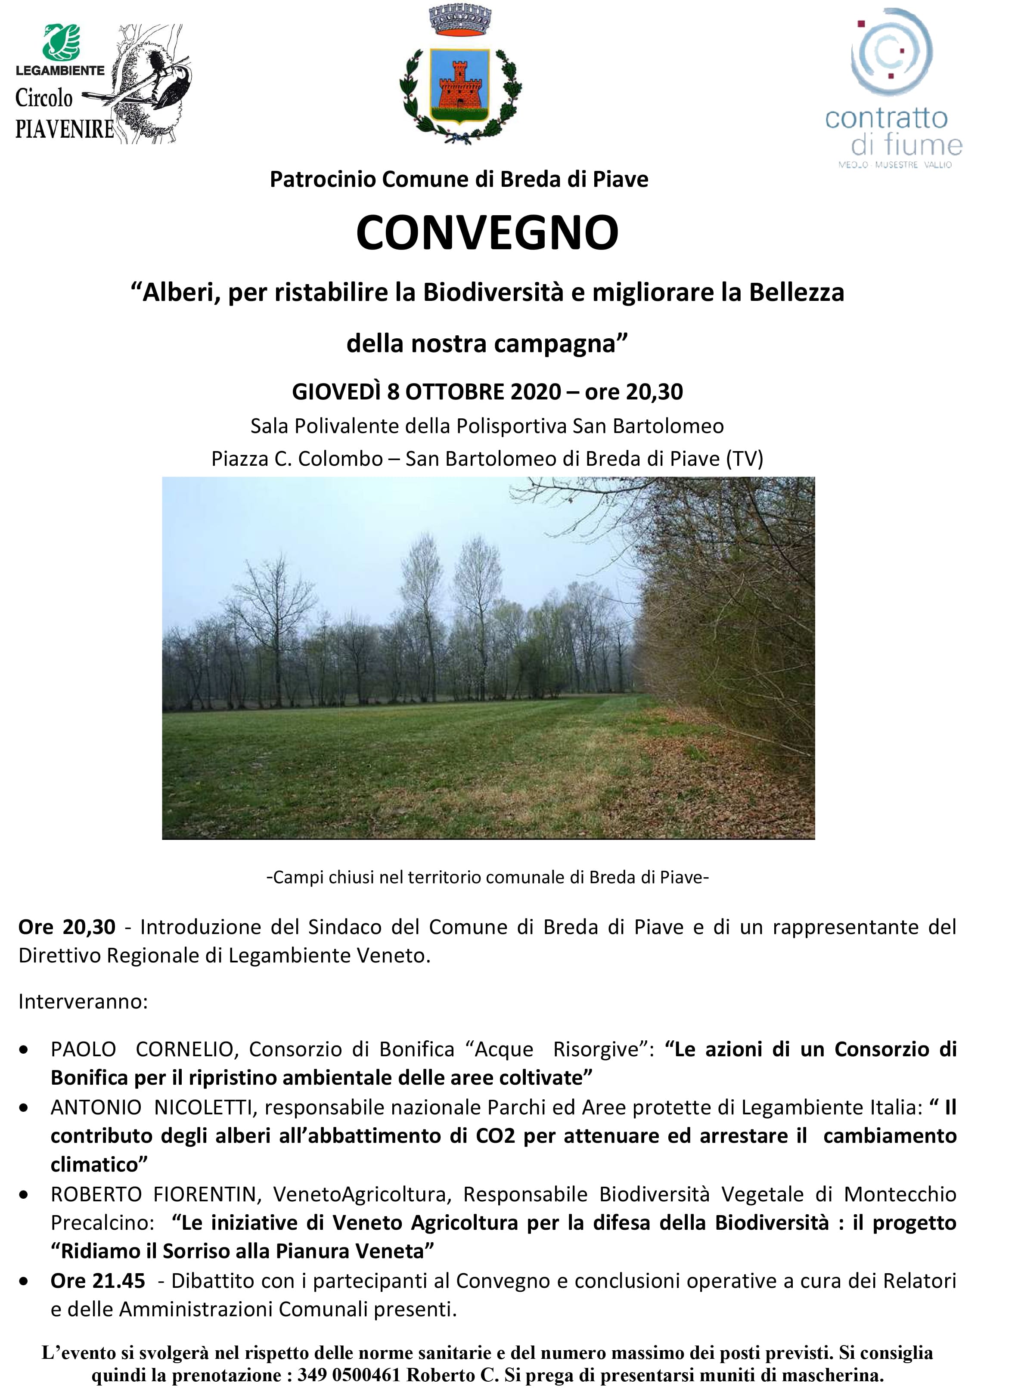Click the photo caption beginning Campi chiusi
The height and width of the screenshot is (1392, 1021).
[x=487, y=877]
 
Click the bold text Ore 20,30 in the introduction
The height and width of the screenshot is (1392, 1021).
[x=67, y=927]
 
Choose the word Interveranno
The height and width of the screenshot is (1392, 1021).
[x=83, y=1001]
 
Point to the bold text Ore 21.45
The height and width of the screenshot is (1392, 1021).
[x=98, y=1281]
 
